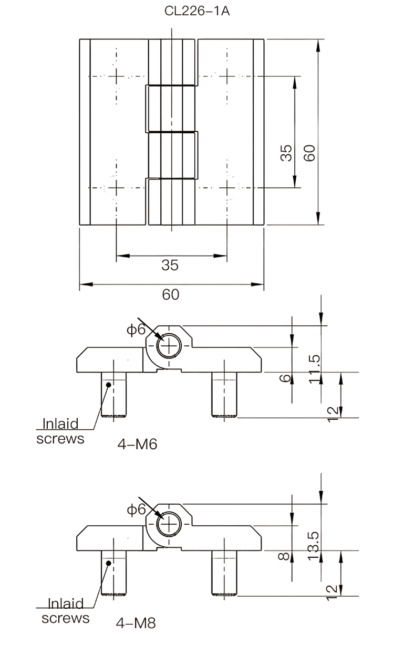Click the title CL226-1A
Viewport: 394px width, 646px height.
pos(197,11)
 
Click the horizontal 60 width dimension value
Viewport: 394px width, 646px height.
pos(171,294)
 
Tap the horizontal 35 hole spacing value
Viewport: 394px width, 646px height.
pos(170,265)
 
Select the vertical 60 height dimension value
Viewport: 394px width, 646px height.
pos(309,153)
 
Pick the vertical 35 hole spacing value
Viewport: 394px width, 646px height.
pos(286,153)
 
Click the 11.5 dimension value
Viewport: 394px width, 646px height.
pos(314,369)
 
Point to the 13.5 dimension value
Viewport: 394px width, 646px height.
pos(314,546)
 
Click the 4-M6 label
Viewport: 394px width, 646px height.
pos(138,444)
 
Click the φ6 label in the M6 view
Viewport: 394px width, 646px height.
pos(136,329)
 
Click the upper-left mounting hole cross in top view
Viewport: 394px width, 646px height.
pos(116,77)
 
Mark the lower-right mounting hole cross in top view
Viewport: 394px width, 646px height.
pos(227,188)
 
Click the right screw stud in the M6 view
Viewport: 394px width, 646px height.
pos(224,395)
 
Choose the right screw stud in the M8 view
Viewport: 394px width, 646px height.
pos(224,573)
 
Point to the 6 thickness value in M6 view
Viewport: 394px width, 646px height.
pos(285,378)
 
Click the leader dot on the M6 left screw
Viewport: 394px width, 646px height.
pos(109,385)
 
